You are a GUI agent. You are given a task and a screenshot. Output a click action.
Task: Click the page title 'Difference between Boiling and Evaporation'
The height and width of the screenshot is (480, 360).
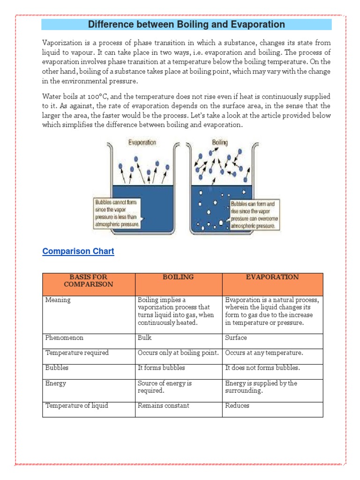[x=186, y=24]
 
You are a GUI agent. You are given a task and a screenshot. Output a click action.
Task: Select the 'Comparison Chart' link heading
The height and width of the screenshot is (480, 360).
[x=78, y=251]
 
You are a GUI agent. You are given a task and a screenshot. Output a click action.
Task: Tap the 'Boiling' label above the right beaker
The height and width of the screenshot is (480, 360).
[x=220, y=142]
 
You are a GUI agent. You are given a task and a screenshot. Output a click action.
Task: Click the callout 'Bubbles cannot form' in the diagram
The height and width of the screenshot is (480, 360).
[x=117, y=213]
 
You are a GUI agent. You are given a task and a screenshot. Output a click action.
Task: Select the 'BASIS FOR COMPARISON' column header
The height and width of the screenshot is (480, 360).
[x=89, y=280]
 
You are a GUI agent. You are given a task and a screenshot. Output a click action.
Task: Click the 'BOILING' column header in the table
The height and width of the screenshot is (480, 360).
[x=178, y=277]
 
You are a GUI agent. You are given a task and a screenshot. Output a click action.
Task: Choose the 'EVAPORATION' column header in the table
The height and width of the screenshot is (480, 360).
[x=272, y=277]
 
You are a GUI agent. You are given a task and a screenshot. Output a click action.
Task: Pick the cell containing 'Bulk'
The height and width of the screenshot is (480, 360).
[x=145, y=337]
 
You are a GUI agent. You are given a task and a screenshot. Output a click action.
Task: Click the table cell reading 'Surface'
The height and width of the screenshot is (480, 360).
[x=236, y=337]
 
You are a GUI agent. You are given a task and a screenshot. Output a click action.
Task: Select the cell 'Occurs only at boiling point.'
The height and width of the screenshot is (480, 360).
[x=178, y=352]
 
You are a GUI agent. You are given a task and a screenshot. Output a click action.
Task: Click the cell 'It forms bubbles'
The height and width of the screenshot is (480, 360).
[x=161, y=367]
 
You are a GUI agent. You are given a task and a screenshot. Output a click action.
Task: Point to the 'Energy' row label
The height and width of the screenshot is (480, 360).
[x=56, y=383]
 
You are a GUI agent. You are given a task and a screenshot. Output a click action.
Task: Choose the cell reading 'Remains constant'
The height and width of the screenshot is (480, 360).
[x=164, y=405]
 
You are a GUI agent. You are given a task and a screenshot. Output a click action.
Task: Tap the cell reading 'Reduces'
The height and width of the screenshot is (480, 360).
[x=237, y=405]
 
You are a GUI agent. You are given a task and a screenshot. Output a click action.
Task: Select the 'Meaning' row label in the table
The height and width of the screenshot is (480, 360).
[x=58, y=300]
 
